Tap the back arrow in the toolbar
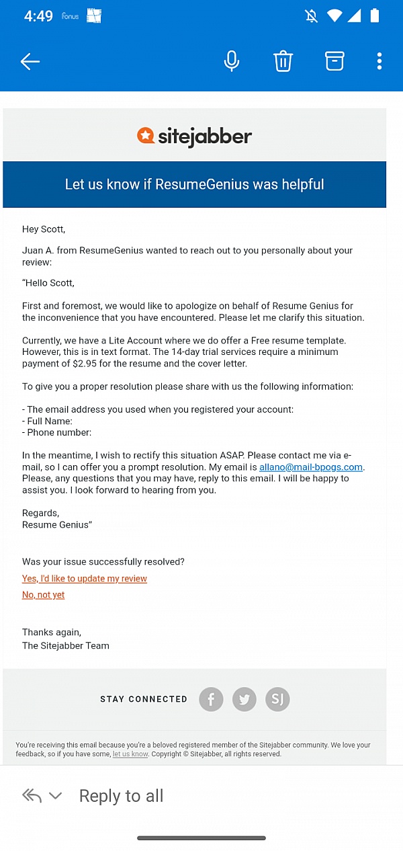30,62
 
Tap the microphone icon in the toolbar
232,61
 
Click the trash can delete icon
283,61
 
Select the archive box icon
334,61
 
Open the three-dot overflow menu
379,61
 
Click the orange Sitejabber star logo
146,136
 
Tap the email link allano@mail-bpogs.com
311,467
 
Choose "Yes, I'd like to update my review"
85,579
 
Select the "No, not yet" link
44,595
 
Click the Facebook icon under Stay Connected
211,700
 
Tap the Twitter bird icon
244,700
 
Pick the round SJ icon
277,700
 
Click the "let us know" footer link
130,754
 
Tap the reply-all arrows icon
32,796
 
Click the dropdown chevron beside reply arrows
56,796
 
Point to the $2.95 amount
85,364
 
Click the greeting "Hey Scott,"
44,229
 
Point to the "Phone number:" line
59,432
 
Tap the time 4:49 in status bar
38,16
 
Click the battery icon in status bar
375,15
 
